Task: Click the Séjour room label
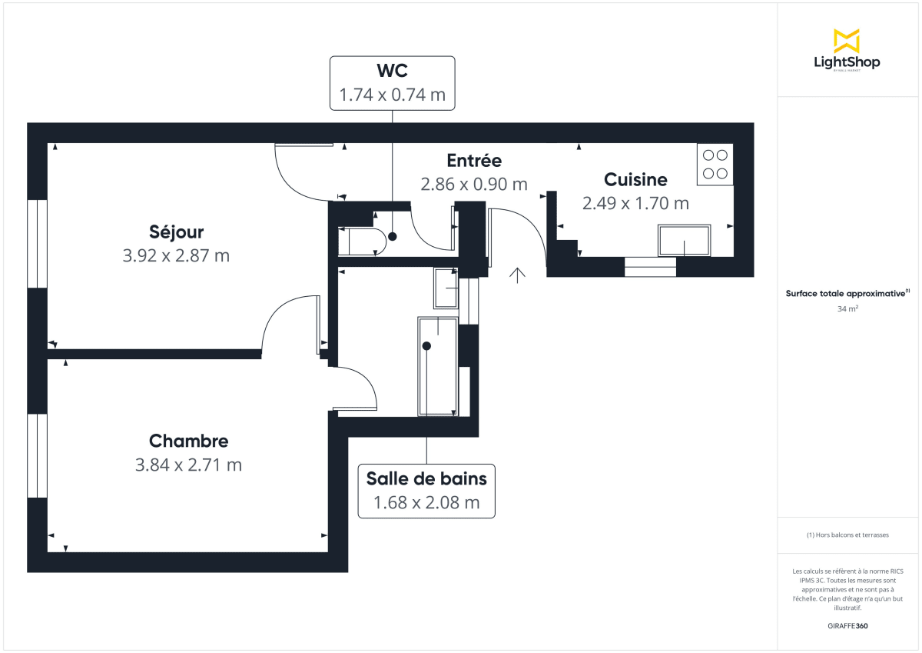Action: (176, 232)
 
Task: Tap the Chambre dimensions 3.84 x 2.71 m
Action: (188, 465)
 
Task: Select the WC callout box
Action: (392, 82)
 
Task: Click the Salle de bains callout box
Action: (426, 490)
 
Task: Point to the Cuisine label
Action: (635, 179)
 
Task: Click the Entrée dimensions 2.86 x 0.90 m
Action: (474, 185)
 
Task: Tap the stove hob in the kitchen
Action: (715, 165)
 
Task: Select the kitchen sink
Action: (684, 241)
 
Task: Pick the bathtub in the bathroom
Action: (437, 366)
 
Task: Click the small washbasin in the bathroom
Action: (446, 288)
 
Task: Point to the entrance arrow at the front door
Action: (517, 275)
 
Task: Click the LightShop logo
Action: (847, 51)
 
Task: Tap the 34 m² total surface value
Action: (847, 309)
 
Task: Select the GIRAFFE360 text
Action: (847, 626)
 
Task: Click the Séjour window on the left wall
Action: (37, 244)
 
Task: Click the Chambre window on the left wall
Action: (37, 455)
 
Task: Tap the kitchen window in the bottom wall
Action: (650, 267)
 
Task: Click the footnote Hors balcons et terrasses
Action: (847, 535)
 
